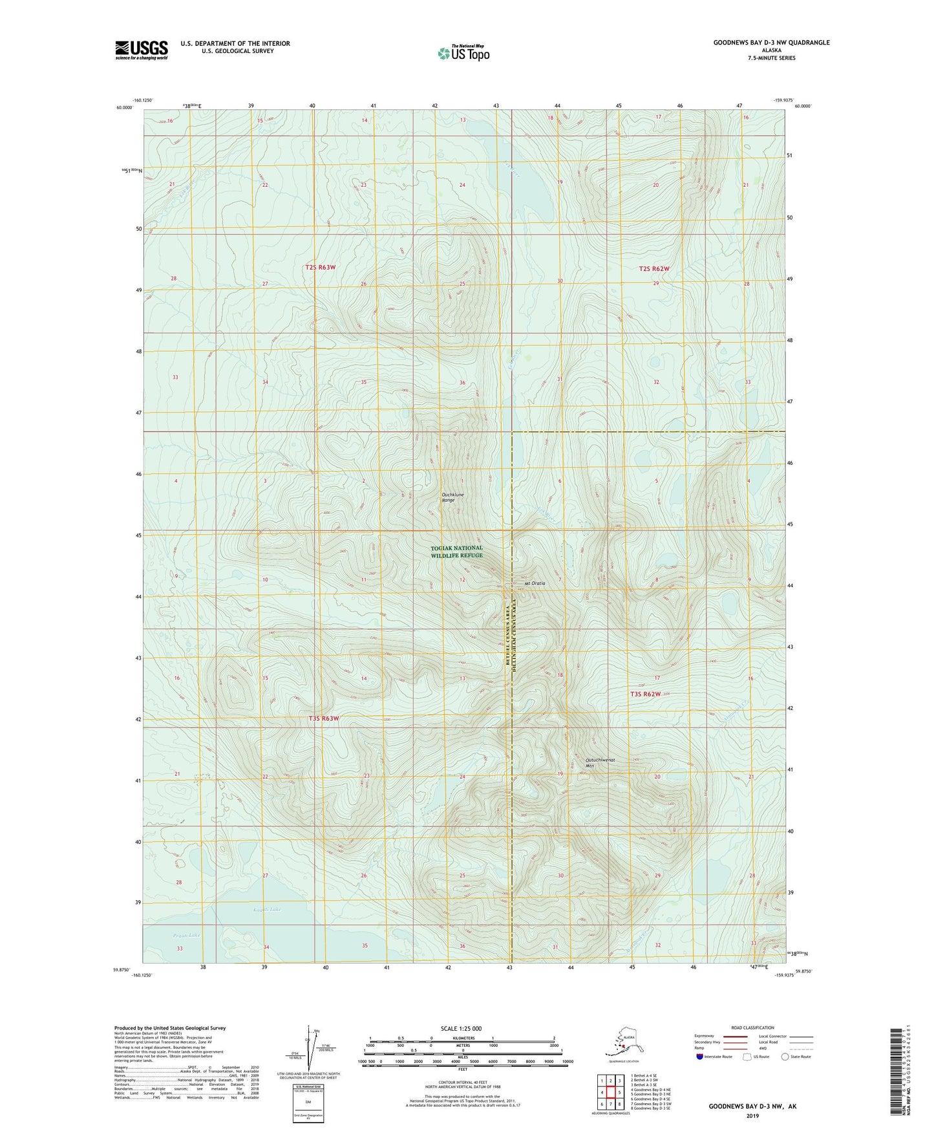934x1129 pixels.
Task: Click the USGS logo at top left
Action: click(141, 50)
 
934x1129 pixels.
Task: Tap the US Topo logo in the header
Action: click(463, 53)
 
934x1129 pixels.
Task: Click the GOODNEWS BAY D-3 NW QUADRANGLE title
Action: click(771, 43)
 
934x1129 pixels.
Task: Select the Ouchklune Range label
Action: click(452, 497)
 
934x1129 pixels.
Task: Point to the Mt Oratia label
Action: click(535, 583)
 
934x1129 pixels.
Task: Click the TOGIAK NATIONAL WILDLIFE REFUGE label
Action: click(456, 552)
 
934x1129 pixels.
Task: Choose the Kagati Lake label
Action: click(267, 910)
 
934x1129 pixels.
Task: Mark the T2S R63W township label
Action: click(321, 267)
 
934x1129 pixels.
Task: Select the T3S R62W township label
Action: click(646, 694)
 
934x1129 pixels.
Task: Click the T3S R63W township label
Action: click(323, 718)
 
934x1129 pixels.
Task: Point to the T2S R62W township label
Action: click(654, 268)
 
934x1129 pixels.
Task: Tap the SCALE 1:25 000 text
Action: click(461, 1029)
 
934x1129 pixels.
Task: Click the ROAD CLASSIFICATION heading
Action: click(752, 1027)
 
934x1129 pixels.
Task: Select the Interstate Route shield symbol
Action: click(700, 1057)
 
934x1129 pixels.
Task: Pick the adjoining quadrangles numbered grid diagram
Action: click(611, 1093)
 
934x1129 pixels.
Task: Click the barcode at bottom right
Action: click(895, 1070)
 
